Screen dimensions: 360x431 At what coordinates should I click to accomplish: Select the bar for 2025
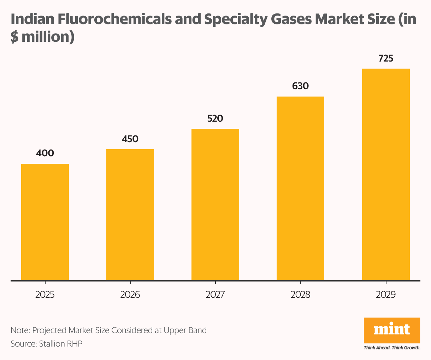pos(45,222)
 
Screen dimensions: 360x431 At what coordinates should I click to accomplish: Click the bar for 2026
pos(130,215)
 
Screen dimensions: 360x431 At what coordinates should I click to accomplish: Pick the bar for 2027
pos(215,204)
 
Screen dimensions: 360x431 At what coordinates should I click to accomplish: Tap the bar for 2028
pos(300,188)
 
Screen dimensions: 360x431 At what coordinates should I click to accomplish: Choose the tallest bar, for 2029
pos(386,174)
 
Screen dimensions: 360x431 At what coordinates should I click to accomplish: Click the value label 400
pos(45,153)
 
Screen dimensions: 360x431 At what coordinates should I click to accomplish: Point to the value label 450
pos(130,139)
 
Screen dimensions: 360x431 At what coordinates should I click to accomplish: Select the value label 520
pos(215,118)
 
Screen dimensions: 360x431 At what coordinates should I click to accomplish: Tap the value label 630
pos(300,86)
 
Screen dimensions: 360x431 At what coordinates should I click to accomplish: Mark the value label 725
pos(386,58)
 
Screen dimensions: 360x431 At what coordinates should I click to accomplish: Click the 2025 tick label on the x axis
pos(45,295)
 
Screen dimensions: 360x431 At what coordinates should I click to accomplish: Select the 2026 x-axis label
pos(130,295)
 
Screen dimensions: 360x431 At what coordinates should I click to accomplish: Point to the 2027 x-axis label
pos(215,295)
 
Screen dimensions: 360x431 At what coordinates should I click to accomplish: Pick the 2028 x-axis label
pos(300,295)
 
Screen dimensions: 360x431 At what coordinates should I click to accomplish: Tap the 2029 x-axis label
pos(386,295)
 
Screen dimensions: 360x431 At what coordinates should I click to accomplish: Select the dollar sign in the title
pos(14,37)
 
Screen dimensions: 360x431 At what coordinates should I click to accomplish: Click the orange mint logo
pos(392,330)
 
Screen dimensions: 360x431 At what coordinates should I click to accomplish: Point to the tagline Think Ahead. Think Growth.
pos(392,348)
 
